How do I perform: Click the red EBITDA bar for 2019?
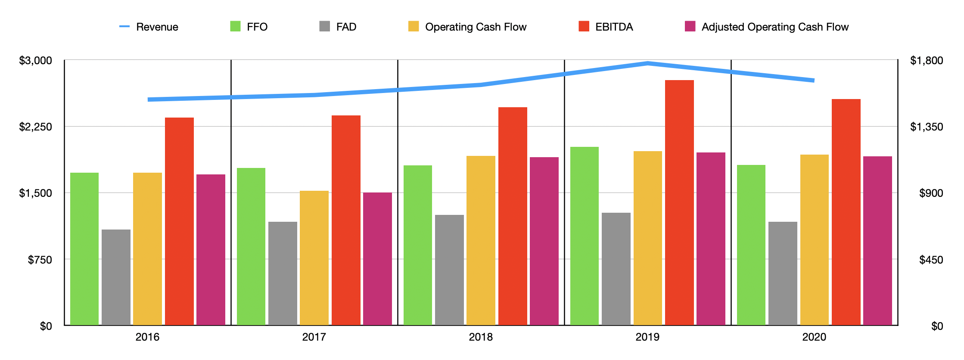(x=679, y=202)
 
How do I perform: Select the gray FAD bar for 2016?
(x=116, y=277)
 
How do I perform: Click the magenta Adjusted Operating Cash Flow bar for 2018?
(x=544, y=241)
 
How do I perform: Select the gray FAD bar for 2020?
(x=783, y=273)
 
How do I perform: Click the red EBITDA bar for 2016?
(x=179, y=221)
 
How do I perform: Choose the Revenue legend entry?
(x=149, y=27)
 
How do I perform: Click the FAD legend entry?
(x=338, y=27)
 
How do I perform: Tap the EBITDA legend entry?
(x=606, y=27)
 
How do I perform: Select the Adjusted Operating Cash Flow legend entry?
(x=767, y=27)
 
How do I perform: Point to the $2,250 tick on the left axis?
(x=35, y=127)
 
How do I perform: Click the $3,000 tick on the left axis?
(x=35, y=60)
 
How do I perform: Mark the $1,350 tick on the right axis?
(x=926, y=127)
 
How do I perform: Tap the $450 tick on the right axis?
(x=931, y=260)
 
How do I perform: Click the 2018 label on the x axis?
(x=481, y=337)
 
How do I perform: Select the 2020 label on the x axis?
(x=814, y=337)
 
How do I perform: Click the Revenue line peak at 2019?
(x=647, y=63)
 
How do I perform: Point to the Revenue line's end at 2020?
(x=814, y=81)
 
